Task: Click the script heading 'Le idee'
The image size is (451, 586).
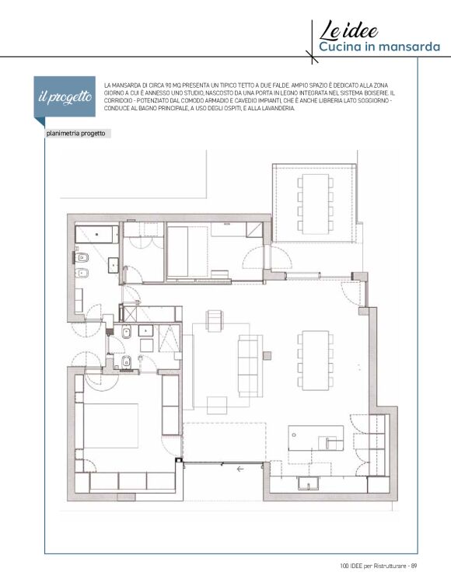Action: (x=348, y=30)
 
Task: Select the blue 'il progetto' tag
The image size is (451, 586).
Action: (x=65, y=97)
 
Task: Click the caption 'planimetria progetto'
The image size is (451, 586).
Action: (x=75, y=134)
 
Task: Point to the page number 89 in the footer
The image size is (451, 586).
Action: (x=414, y=566)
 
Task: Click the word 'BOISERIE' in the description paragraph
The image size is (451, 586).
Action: (x=376, y=93)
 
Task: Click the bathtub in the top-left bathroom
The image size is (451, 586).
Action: (x=96, y=235)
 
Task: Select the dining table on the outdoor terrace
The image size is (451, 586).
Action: (x=316, y=204)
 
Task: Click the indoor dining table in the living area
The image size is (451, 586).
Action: (x=316, y=361)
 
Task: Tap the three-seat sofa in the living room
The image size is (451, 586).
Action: (x=250, y=366)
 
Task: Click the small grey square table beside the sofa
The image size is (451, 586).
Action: (x=267, y=355)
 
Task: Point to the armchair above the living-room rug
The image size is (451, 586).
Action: (x=215, y=321)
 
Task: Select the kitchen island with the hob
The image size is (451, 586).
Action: (x=316, y=438)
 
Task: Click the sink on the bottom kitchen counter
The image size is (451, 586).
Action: (x=309, y=483)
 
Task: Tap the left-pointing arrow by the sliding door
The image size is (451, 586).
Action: (x=240, y=469)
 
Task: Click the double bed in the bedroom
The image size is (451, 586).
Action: (x=110, y=426)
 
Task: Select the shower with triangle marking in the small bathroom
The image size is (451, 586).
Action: (x=169, y=339)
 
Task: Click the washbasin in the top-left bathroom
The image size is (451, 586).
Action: (x=114, y=263)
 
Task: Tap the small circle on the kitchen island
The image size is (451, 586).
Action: (x=294, y=435)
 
